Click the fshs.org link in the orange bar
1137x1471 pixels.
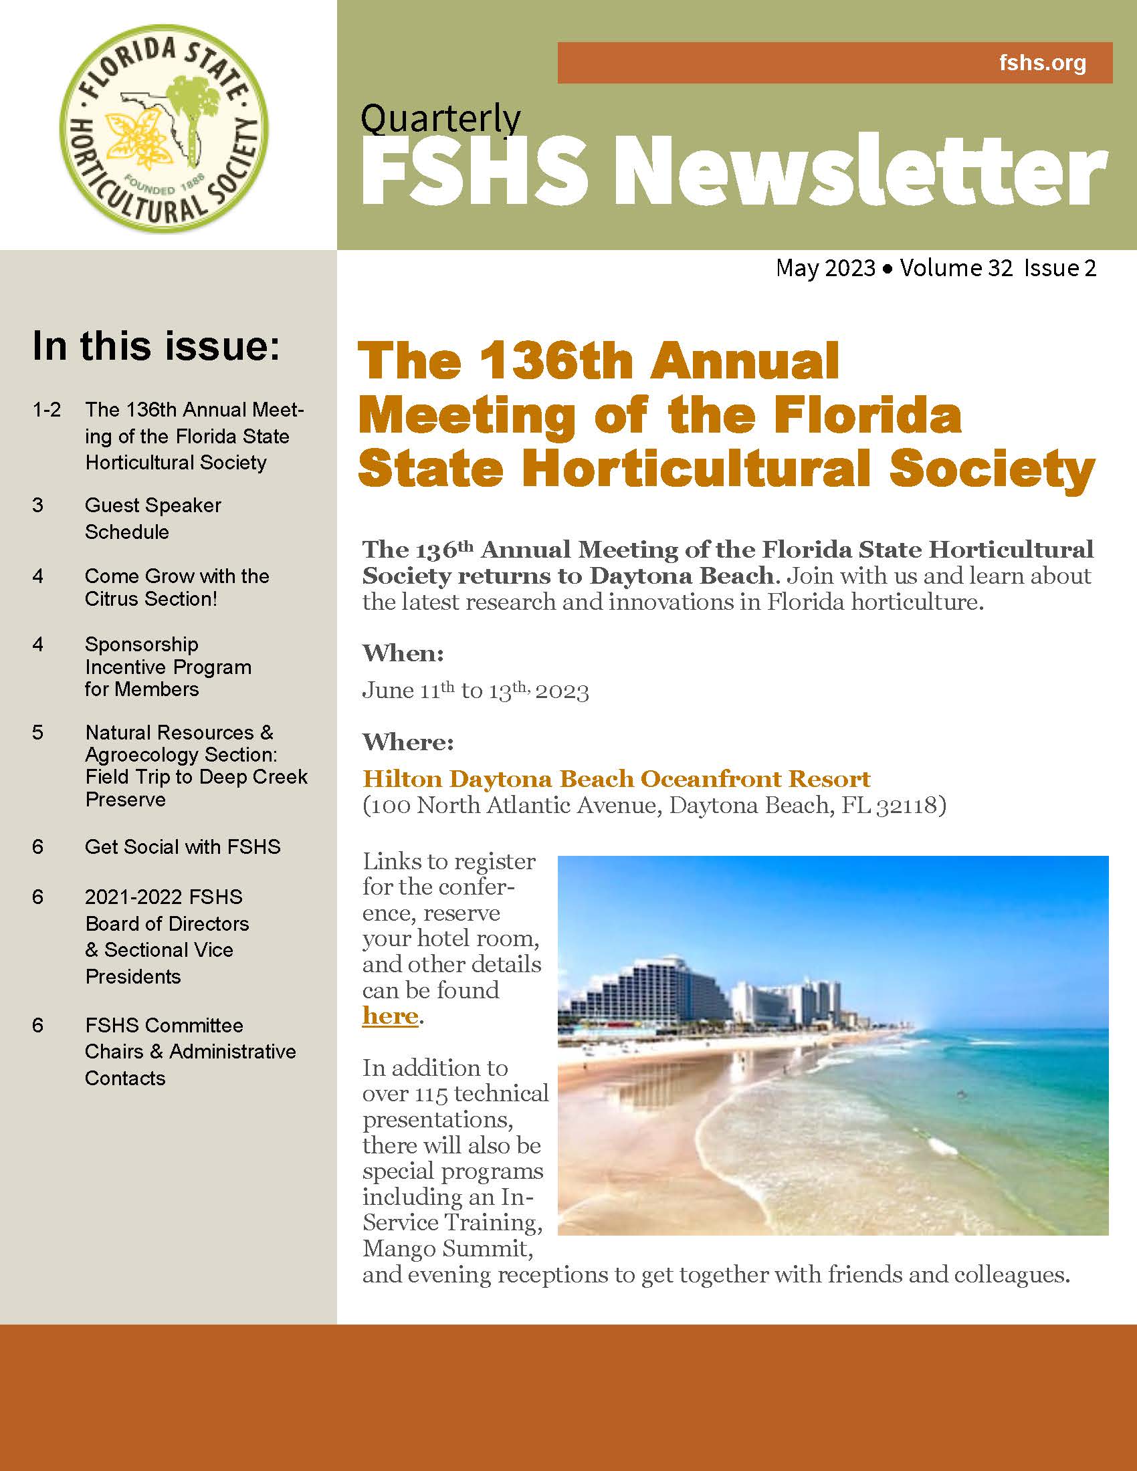1042,64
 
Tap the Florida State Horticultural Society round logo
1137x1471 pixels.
164,128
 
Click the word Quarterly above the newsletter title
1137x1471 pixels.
441,118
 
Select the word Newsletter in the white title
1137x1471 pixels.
861,171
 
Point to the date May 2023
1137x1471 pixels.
825,268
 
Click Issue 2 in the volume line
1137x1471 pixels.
1059,268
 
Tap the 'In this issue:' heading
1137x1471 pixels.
156,346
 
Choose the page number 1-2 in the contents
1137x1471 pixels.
46,409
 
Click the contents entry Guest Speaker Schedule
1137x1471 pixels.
153,518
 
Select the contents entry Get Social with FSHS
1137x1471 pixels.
183,846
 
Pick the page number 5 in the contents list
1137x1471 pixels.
37,732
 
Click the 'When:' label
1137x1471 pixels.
403,653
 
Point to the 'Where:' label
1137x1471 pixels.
407,742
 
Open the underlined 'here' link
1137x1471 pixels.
390,1015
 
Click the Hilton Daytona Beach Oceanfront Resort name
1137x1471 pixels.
617,778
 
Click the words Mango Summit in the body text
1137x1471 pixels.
447,1249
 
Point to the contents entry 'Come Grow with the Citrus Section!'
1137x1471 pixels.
177,587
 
